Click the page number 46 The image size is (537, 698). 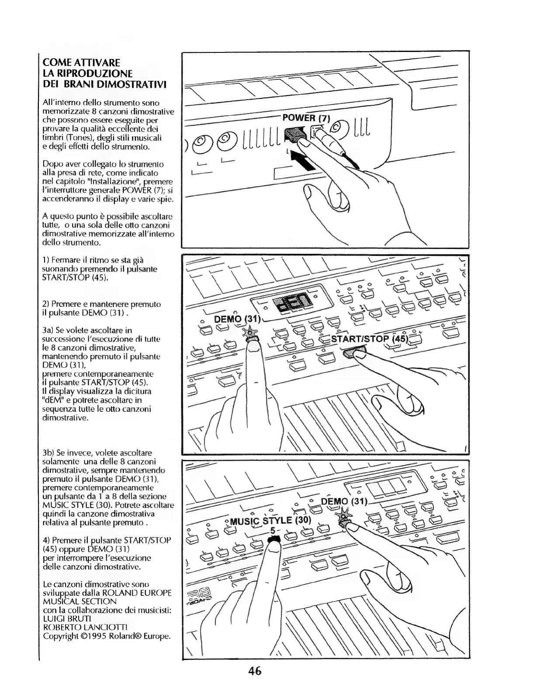[x=255, y=671]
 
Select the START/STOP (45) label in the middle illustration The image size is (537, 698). [x=370, y=339]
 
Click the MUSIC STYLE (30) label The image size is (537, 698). [x=270, y=520]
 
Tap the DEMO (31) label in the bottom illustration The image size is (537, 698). [x=345, y=501]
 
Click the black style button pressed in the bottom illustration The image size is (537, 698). [x=274, y=540]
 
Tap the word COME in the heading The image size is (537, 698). [x=57, y=62]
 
